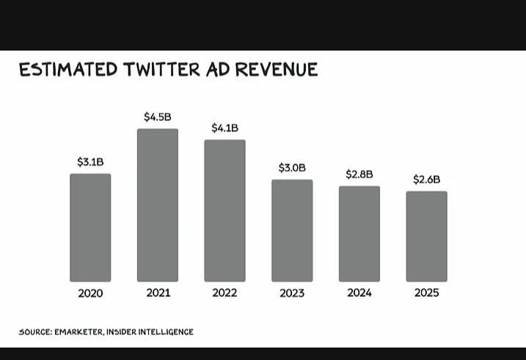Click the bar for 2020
90,227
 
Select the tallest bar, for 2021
158,205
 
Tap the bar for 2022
224,210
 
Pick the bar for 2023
292,230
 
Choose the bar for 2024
359,234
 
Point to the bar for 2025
426,236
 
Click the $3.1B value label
90,162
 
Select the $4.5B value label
158,117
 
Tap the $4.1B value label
224,128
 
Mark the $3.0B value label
292,168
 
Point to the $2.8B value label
359,175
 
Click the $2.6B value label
426,180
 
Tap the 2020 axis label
90,293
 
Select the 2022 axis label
224,293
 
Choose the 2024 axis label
359,293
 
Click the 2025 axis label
426,293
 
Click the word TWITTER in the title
162,70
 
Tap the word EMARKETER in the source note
78,332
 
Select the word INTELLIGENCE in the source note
165,332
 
